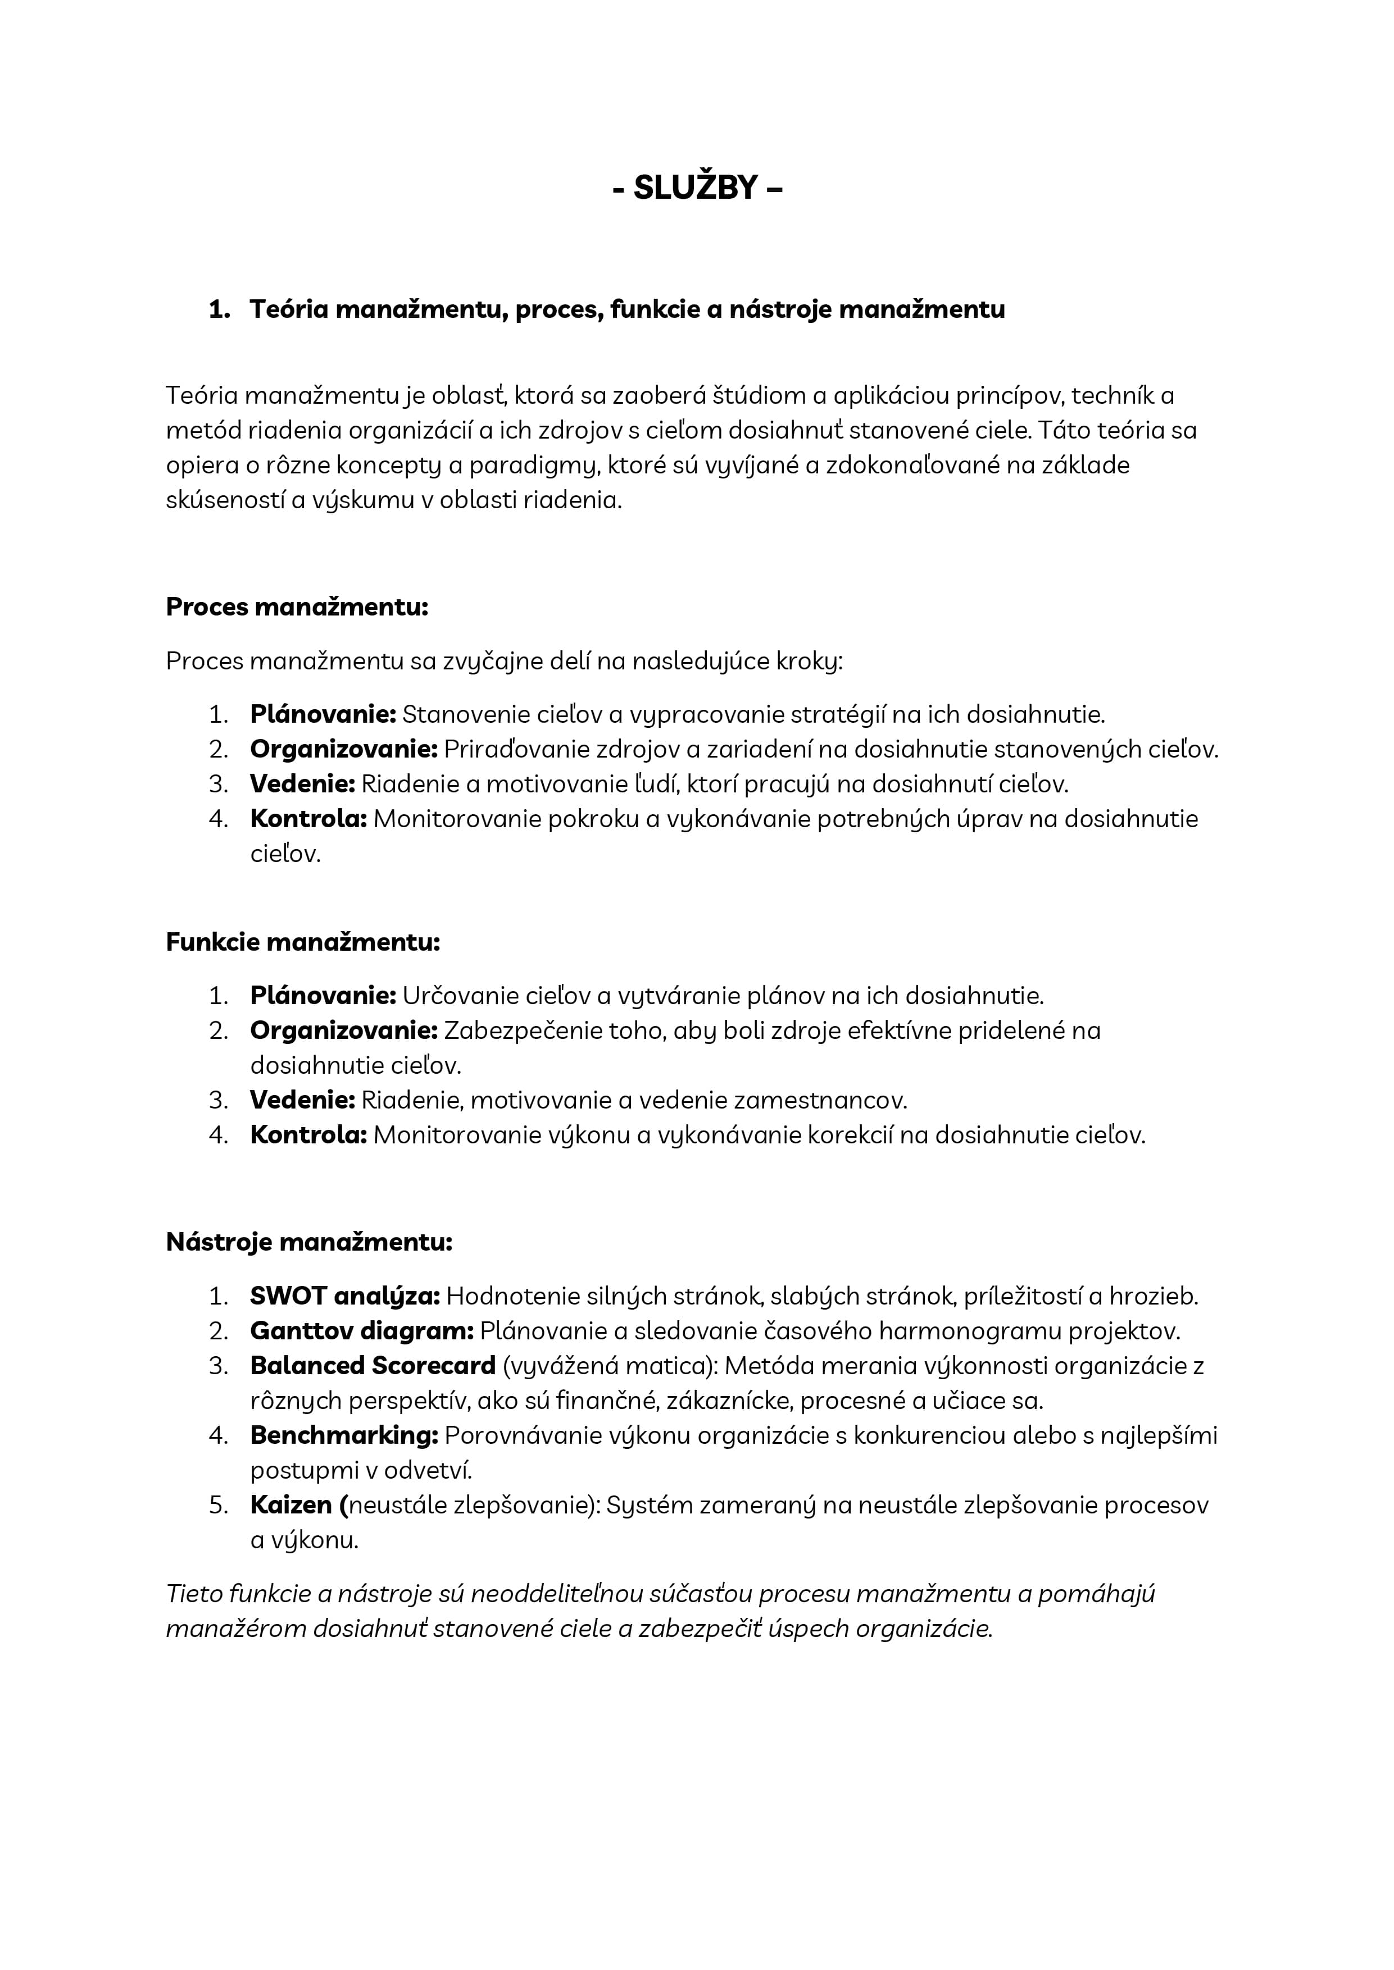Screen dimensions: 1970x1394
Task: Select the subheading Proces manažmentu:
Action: coord(296,608)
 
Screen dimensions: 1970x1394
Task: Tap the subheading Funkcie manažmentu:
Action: coord(302,942)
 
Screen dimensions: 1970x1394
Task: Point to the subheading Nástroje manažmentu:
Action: coord(308,1242)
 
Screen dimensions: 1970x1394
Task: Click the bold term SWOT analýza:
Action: coord(344,1296)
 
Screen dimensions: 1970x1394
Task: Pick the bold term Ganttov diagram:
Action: coord(361,1331)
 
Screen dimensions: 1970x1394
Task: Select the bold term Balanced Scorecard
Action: coord(373,1365)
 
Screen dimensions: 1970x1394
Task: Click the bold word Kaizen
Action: coord(291,1505)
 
